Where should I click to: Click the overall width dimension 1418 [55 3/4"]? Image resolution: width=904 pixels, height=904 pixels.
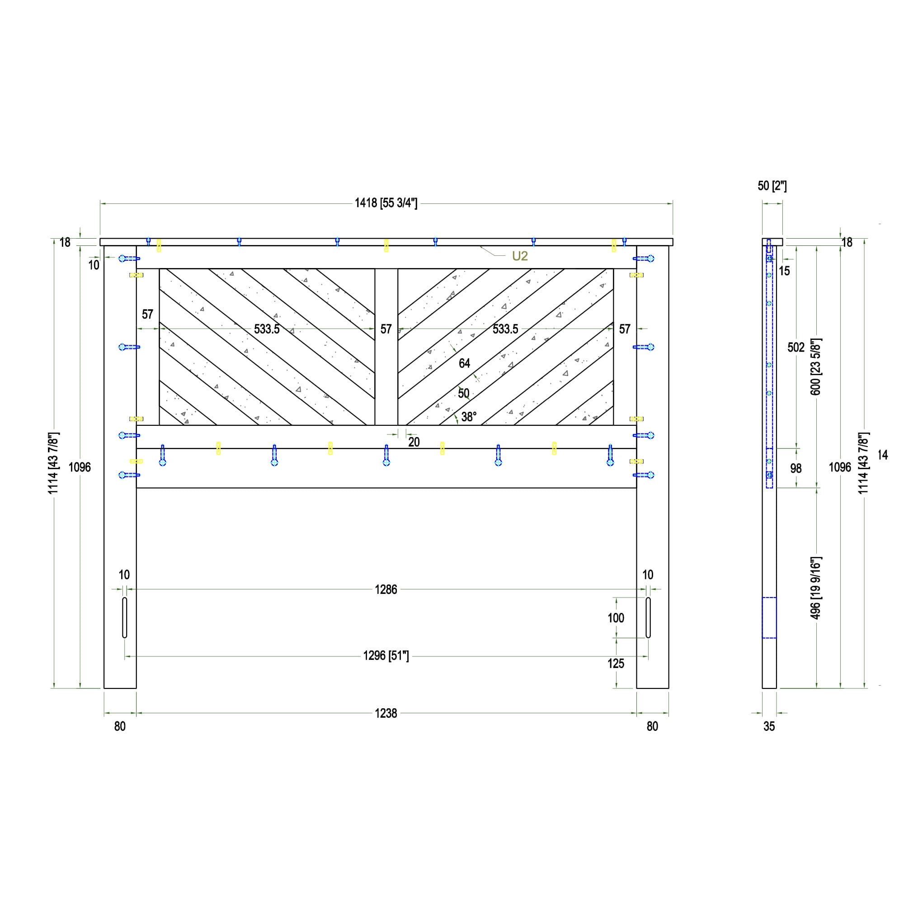pyautogui.click(x=386, y=203)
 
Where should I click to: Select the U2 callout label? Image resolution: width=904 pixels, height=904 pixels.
pyautogui.click(x=520, y=256)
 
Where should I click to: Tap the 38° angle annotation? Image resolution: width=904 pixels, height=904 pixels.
pyautogui.click(x=469, y=416)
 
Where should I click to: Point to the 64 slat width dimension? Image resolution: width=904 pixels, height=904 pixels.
pyautogui.click(x=464, y=363)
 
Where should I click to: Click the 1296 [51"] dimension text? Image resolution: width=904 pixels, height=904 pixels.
pyautogui.click(x=386, y=656)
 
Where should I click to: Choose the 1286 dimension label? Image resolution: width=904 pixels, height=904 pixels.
pyautogui.click(x=386, y=589)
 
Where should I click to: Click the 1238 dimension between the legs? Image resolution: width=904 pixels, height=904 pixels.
pyautogui.click(x=386, y=713)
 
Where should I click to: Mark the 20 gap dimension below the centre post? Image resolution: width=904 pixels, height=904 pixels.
pyautogui.click(x=414, y=442)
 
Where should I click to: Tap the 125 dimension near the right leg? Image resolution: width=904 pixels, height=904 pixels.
pyautogui.click(x=616, y=664)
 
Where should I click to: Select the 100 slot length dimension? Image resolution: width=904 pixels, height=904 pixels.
pyautogui.click(x=616, y=618)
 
